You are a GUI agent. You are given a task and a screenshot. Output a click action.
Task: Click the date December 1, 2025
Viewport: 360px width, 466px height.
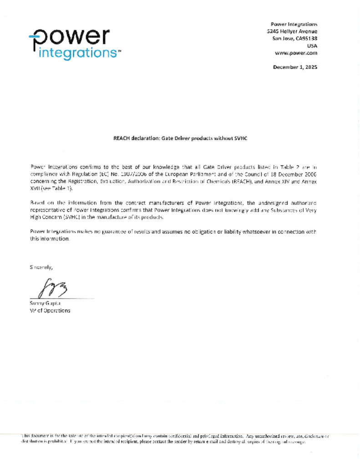pyautogui.click(x=295, y=67)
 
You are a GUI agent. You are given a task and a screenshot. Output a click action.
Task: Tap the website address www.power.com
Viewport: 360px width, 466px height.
pyautogui.click(x=296, y=53)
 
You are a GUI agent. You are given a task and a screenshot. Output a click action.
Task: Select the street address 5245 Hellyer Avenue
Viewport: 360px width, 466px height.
pyautogui.click(x=292, y=31)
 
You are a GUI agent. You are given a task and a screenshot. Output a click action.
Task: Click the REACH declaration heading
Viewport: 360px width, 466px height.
pyautogui.click(x=180, y=137)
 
